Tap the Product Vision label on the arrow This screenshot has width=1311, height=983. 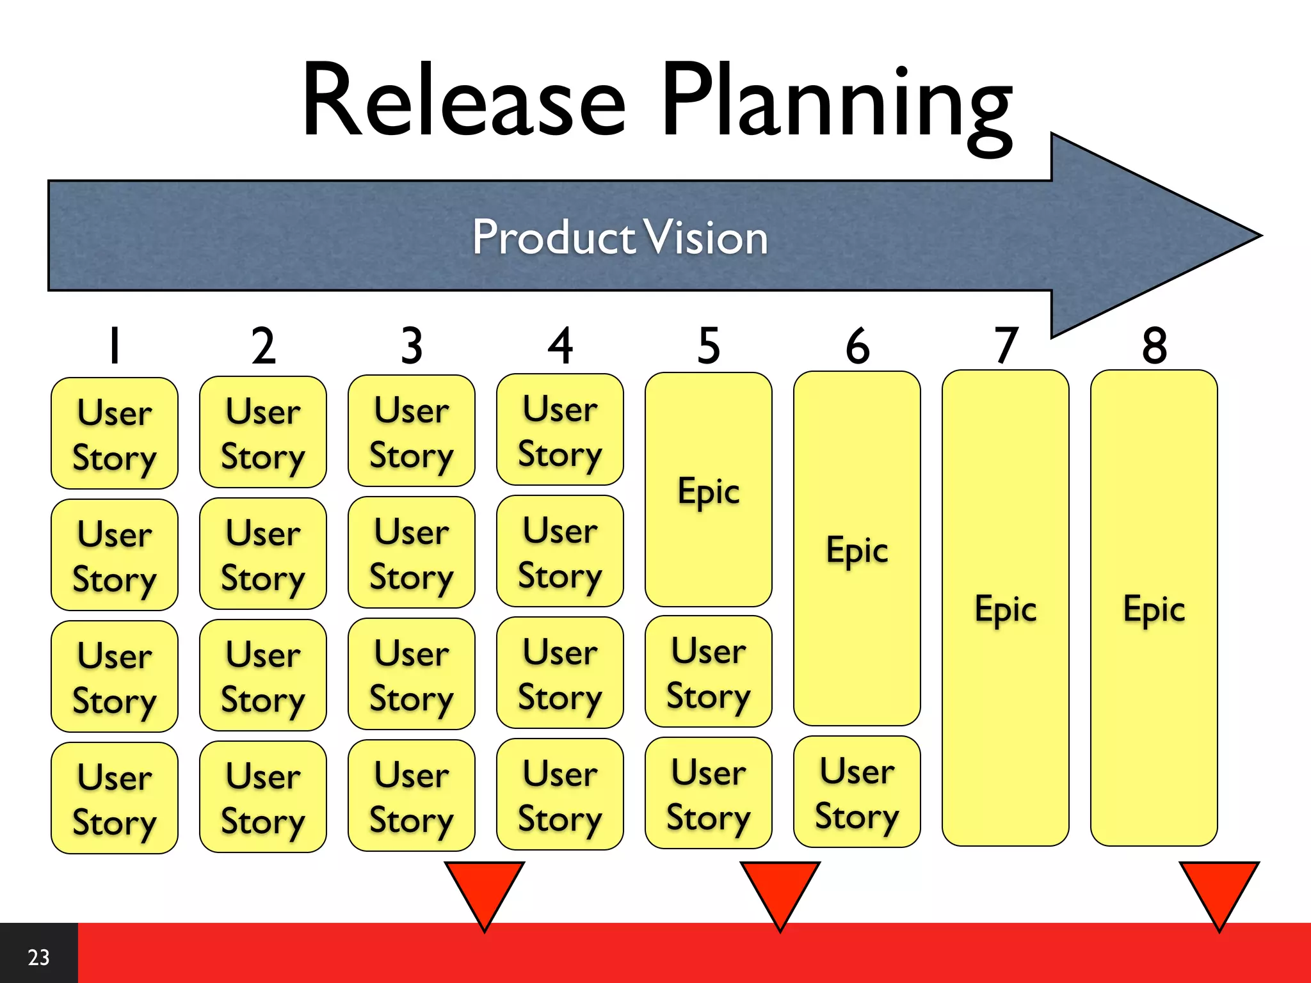[620, 237]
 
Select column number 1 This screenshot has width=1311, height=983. [115, 346]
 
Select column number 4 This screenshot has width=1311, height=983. [560, 346]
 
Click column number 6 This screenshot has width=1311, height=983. [857, 346]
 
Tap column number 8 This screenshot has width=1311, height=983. [1154, 346]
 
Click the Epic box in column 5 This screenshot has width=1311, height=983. [709, 490]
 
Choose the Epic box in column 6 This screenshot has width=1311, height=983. [857, 549]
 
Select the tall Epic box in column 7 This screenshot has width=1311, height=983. [1006, 608]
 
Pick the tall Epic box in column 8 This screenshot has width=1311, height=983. [1154, 608]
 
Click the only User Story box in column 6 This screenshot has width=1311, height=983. [857, 792]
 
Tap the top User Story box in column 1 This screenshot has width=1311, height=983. [115, 434]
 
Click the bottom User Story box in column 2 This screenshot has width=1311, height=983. [263, 797]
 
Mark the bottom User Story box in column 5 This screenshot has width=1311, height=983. [709, 794]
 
